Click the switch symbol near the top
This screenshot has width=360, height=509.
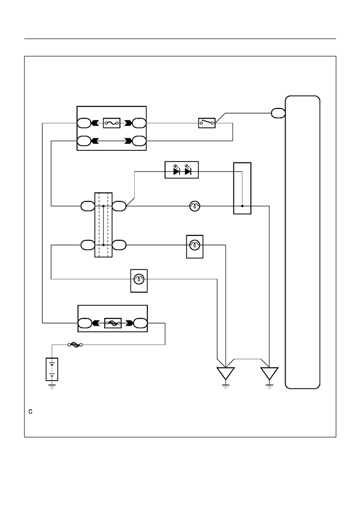(x=207, y=123)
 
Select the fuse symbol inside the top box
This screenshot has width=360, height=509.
(x=112, y=123)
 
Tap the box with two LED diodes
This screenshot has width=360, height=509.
(x=182, y=170)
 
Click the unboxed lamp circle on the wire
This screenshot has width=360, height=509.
(x=195, y=206)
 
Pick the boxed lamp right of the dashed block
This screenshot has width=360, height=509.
(x=195, y=247)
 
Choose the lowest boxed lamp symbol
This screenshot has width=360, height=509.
(x=139, y=281)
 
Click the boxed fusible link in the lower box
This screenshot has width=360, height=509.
(x=113, y=323)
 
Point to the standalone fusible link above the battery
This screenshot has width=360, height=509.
(x=75, y=345)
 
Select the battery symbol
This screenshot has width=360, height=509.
(x=52, y=369)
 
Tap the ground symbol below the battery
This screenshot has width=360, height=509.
(x=52, y=386)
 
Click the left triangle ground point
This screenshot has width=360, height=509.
(x=225, y=373)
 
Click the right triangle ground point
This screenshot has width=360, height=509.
(x=269, y=373)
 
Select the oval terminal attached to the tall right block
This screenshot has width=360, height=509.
(x=278, y=113)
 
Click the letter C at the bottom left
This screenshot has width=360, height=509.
(x=31, y=412)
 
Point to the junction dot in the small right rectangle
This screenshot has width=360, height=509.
(x=242, y=206)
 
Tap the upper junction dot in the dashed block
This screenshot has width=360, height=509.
(x=104, y=206)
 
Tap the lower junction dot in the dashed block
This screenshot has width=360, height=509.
(x=104, y=245)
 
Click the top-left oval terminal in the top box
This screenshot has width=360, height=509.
(x=84, y=123)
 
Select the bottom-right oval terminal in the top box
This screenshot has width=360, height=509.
(x=139, y=141)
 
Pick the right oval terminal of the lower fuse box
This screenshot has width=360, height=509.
(x=140, y=323)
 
